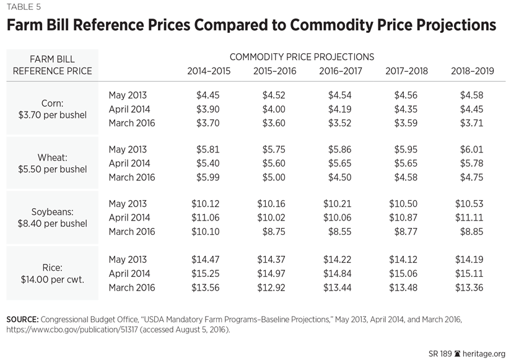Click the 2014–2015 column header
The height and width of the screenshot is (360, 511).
(x=209, y=71)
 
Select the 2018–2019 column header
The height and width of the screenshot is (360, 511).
(x=473, y=71)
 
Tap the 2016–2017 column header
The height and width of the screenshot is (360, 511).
(x=341, y=71)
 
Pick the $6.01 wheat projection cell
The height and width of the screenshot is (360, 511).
(x=473, y=150)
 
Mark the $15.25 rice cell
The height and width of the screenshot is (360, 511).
(x=209, y=273)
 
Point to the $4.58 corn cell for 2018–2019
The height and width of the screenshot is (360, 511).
(x=473, y=95)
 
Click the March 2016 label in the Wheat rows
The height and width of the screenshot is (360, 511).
(x=132, y=177)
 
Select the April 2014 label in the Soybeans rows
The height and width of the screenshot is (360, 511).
(x=129, y=218)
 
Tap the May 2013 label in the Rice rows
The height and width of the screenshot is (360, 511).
(x=128, y=260)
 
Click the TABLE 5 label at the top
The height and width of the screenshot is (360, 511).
(x=25, y=7)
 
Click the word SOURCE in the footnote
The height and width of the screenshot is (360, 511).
(x=22, y=318)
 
